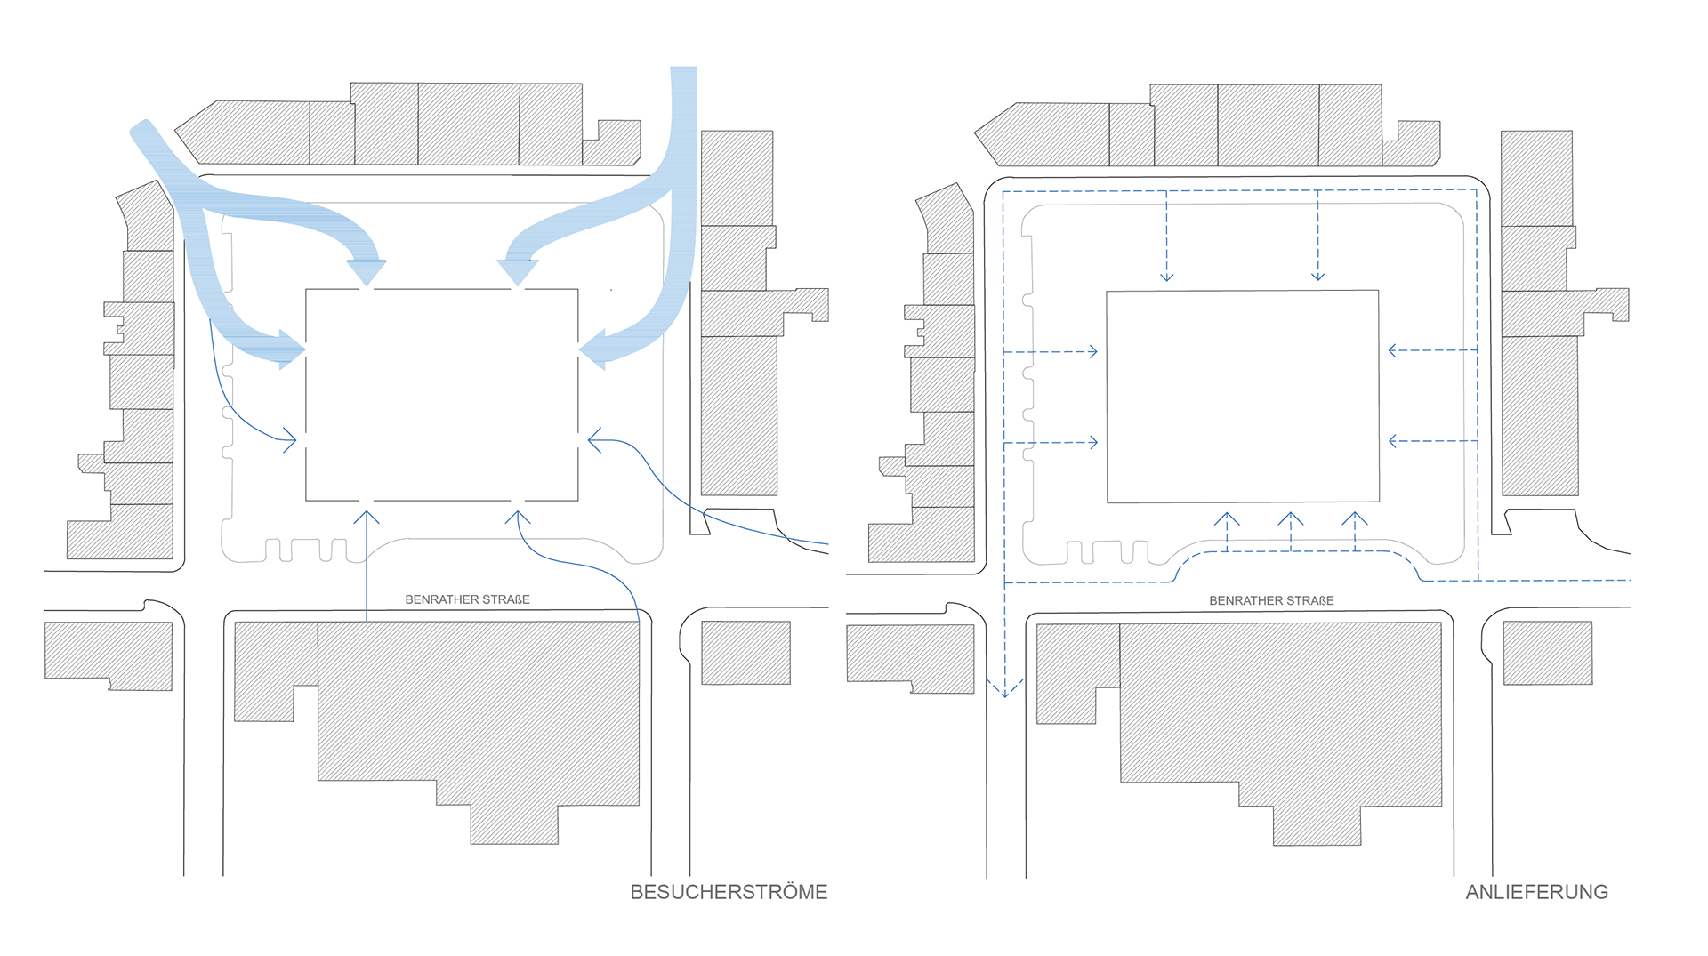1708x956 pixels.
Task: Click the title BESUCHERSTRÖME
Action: pyautogui.click(x=729, y=892)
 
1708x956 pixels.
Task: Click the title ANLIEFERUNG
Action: pyautogui.click(x=1536, y=892)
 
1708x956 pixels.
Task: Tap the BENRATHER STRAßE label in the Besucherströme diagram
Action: pyautogui.click(x=467, y=599)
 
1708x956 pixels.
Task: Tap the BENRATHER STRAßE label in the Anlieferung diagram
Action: pyautogui.click(x=1271, y=600)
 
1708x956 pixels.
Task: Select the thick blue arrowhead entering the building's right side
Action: pyautogui.click(x=594, y=349)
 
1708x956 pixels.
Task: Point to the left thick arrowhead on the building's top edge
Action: pyautogui.click(x=367, y=272)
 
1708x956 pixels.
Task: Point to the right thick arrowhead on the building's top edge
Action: pyautogui.click(x=518, y=271)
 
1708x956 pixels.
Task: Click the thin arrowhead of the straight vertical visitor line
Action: pyautogui.click(x=367, y=516)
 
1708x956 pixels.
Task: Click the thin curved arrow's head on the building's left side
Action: pyautogui.click(x=290, y=439)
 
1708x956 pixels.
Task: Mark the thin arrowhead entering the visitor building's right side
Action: pyautogui.click(x=594, y=439)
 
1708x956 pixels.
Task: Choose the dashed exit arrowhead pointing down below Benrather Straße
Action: pyautogui.click(x=1005, y=690)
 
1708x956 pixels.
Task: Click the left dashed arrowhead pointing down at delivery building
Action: pyautogui.click(x=1167, y=277)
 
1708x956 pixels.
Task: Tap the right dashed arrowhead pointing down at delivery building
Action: pyautogui.click(x=1318, y=277)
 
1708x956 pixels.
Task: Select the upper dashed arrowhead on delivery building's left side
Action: pyautogui.click(x=1092, y=352)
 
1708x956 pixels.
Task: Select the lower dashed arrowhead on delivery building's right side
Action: pyautogui.click(x=1394, y=441)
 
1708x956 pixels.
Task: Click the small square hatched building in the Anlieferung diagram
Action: pyautogui.click(x=1548, y=653)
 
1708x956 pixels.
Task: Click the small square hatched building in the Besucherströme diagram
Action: pyautogui.click(x=745, y=653)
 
